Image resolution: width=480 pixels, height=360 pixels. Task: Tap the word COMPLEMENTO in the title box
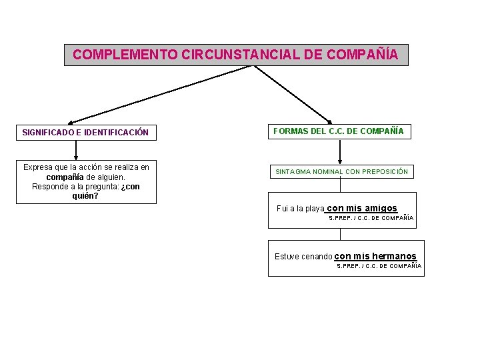pos(125,55)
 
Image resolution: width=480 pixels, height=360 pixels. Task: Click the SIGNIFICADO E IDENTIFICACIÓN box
pos(85,133)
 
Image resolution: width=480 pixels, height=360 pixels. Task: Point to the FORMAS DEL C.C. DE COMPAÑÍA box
pos(339,131)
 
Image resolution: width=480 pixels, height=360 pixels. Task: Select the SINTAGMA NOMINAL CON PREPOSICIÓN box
pos(341,172)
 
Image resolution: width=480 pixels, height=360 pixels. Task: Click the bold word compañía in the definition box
pos(65,177)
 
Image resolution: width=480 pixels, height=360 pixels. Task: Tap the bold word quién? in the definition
pos(85,196)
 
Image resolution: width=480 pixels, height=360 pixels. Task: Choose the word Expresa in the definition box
pos(39,167)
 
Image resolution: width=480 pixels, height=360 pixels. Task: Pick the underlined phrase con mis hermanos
pos(375,256)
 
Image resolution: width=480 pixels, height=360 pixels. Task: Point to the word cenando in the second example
pos(316,257)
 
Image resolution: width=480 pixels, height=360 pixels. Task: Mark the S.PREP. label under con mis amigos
pos(341,218)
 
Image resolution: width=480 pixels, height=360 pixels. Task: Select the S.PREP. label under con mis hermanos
pos(349,265)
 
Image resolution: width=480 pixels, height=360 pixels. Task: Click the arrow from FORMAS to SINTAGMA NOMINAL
pos(340,152)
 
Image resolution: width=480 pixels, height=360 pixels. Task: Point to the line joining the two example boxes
pos(340,234)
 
